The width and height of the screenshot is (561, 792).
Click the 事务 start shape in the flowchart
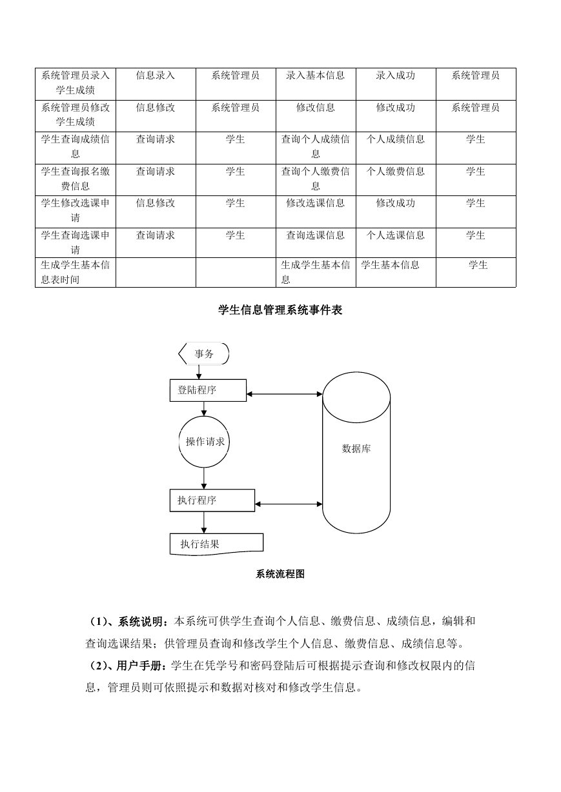(x=203, y=353)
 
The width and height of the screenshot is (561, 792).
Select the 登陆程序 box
(x=208, y=390)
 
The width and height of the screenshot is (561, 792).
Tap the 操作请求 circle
(x=204, y=442)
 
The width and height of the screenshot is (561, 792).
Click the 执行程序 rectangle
(x=212, y=500)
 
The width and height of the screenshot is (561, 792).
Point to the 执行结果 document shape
(x=217, y=544)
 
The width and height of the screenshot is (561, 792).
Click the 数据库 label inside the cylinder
(x=356, y=449)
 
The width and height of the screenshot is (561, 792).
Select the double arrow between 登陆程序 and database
(x=285, y=394)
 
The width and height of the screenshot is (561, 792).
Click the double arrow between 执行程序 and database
(x=289, y=504)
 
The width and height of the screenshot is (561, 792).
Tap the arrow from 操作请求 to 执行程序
(x=204, y=479)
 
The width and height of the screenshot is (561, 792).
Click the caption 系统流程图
(x=280, y=574)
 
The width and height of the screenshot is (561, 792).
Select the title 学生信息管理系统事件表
(x=280, y=310)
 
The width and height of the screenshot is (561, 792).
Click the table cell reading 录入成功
(x=395, y=75)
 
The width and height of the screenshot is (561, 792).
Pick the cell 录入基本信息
(x=316, y=75)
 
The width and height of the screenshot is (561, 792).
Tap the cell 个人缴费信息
(x=395, y=172)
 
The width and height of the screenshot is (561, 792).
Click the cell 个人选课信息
(x=395, y=235)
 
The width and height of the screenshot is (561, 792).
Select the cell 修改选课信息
(x=316, y=203)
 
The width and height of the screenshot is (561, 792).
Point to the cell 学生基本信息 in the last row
(x=390, y=265)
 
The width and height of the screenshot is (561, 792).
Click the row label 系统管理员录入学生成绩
(x=76, y=83)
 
